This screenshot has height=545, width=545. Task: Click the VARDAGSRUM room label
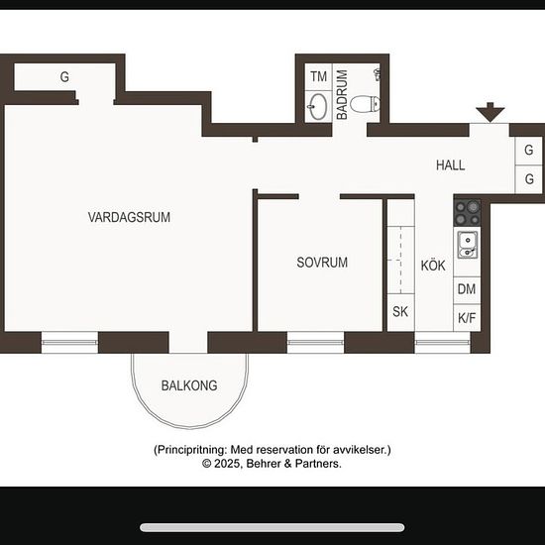129,217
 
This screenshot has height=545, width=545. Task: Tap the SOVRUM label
322,263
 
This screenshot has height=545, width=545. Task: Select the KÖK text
433,266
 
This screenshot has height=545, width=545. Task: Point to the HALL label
451,165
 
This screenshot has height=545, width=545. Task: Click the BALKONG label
189,385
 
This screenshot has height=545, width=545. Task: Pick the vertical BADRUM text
342,95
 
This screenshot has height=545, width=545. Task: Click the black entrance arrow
490,112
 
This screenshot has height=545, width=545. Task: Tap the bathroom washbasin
318,106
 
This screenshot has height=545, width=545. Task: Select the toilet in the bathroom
365,104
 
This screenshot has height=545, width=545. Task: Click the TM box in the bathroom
318,77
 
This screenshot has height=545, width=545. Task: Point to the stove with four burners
467,213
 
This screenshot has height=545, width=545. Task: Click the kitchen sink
467,245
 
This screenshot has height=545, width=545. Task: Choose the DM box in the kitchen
467,290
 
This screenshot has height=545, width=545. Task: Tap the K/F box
467,318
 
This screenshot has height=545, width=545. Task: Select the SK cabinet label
400,312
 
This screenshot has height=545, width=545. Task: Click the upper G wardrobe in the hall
528,151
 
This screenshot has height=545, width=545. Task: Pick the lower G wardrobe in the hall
528,179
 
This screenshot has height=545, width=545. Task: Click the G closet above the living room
64,77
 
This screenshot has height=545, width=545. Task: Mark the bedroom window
315,343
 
